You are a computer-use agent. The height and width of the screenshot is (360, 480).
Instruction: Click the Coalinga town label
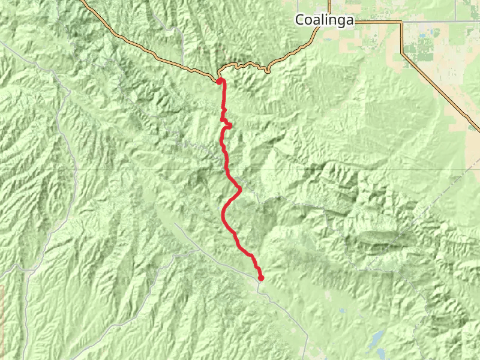325,20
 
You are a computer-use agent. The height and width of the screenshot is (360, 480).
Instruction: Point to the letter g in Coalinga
341,22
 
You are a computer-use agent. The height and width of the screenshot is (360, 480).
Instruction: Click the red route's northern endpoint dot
220,81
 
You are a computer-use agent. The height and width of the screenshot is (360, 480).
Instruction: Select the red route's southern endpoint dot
261,277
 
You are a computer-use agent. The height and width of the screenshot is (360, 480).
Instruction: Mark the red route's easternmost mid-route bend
240,189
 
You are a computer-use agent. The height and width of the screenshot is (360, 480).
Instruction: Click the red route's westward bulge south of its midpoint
224,213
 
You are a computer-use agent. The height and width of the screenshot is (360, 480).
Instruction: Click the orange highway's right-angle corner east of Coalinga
401,23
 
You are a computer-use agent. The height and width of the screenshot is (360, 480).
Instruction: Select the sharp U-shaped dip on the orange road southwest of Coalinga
266,70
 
